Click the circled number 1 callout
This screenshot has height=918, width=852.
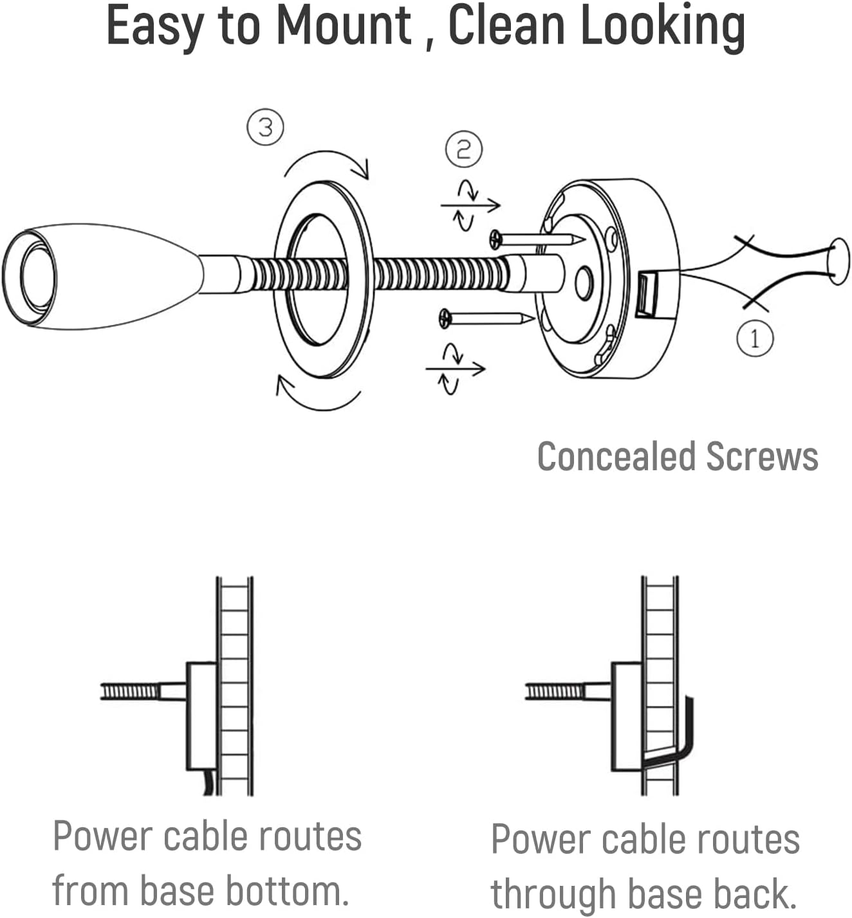(x=754, y=337)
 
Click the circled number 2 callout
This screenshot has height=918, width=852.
(x=463, y=149)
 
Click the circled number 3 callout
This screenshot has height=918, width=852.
(x=266, y=127)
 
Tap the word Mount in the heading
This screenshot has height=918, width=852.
(x=344, y=26)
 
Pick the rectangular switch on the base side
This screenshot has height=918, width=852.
(x=646, y=295)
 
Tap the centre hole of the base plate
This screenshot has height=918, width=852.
(x=584, y=283)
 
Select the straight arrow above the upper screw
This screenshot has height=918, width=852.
(x=470, y=205)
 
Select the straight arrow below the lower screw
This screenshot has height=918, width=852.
(x=455, y=369)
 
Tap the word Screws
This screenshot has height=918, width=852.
(x=762, y=457)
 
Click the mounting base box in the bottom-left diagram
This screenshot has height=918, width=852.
(x=201, y=715)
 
